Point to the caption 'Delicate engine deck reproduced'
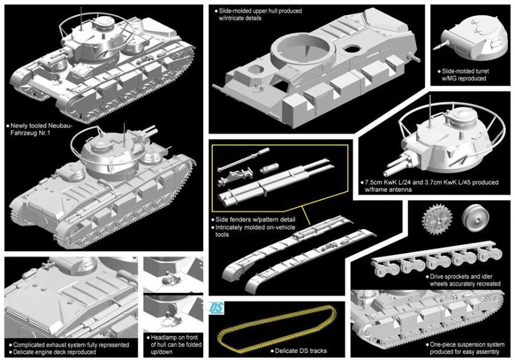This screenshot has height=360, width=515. click(x=55, y=352)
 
